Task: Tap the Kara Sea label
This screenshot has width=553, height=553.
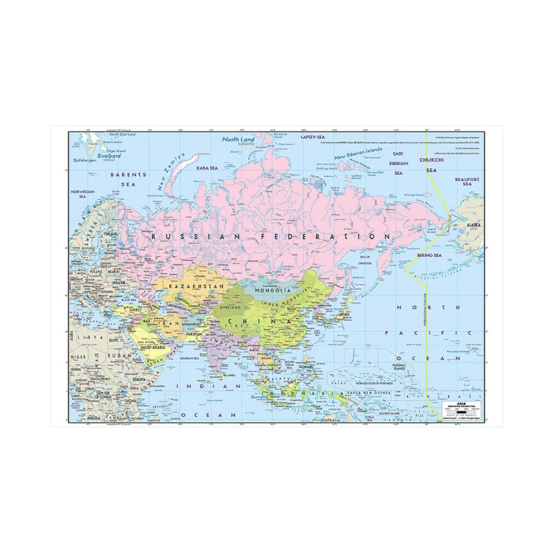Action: coord(205,167)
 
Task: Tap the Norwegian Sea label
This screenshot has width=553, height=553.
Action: coord(82,193)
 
